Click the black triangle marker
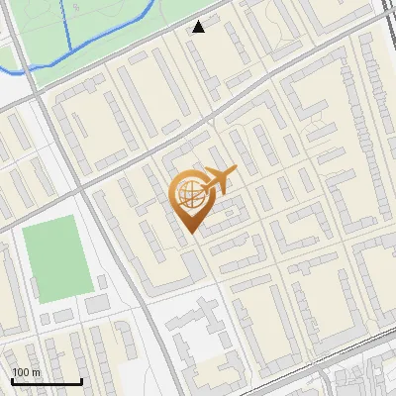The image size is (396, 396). click(x=199, y=27)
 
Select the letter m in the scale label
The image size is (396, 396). click(x=37, y=372)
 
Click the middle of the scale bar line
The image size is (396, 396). click(x=47, y=381)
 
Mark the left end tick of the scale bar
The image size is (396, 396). click(x=13, y=379)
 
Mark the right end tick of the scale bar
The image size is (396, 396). click(x=80, y=379)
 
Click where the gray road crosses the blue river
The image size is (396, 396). click(x=31, y=68)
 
